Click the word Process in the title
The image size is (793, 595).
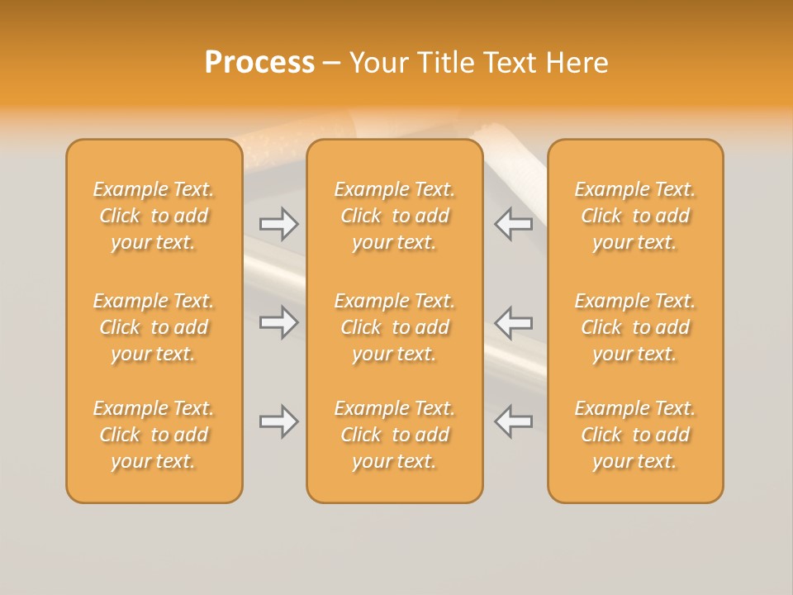pos(259,63)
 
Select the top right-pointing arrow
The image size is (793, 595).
pos(278,224)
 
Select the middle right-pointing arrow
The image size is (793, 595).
pos(278,322)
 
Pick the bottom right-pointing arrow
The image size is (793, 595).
pos(278,421)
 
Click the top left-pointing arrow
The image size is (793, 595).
pos(513,224)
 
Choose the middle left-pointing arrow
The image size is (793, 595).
pos(513,322)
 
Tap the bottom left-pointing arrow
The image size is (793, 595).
pos(513,421)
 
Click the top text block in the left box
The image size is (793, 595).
pos(154,216)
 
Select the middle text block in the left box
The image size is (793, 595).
pos(154,327)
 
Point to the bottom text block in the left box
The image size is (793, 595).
pos(154,435)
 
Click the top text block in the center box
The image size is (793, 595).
pos(394,216)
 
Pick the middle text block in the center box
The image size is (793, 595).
pos(394,327)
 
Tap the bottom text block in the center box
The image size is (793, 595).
pos(394,435)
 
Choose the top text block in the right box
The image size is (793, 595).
pos(634,216)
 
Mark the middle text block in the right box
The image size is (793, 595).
pos(634,327)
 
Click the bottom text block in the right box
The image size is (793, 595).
pos(634,435)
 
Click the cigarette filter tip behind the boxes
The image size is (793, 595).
pos(289,132)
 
